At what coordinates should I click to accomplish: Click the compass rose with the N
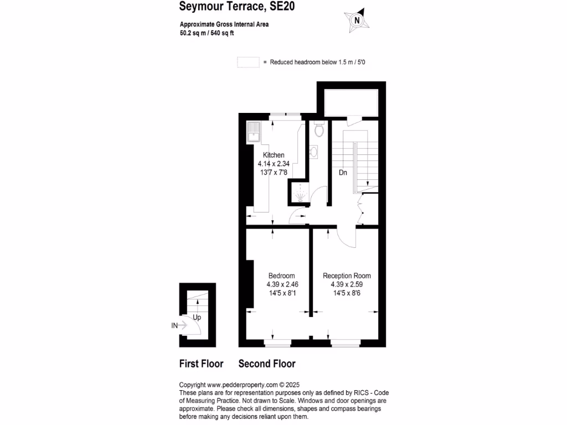[x=357, y=20]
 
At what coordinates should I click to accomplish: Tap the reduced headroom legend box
[x=248, y=63]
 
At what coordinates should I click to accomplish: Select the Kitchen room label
[x=274, y=155]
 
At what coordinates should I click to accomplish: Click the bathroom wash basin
[x=314, y=151]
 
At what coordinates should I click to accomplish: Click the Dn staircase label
[x=343, y=173]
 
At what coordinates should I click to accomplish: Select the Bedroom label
[x=281, y=276]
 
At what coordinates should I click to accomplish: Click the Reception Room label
[x=347, y=276]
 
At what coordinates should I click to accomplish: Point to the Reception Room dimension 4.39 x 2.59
[x=347, y=284]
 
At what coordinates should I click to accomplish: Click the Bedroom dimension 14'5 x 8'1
[x=281, y=293]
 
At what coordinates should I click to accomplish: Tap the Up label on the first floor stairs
[x=197, y=318]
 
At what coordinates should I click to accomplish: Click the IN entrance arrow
[x=179, y=326]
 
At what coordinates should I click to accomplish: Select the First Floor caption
[x=201, y=364]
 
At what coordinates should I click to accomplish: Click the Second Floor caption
[x=266, y=364]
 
